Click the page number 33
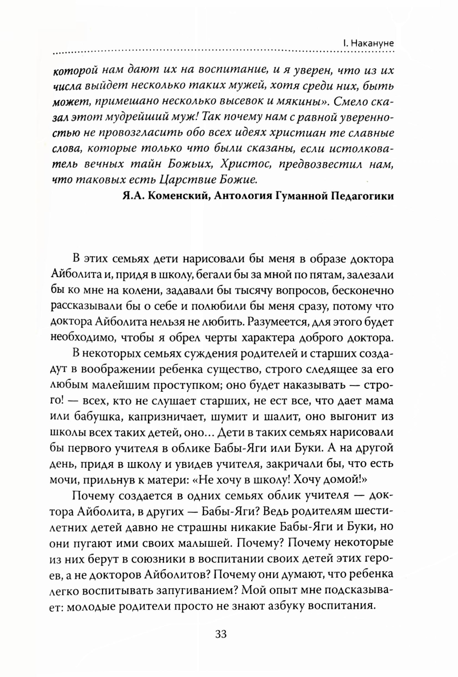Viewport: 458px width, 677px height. coord(221,634)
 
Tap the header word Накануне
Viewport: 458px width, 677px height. coord(373,44)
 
